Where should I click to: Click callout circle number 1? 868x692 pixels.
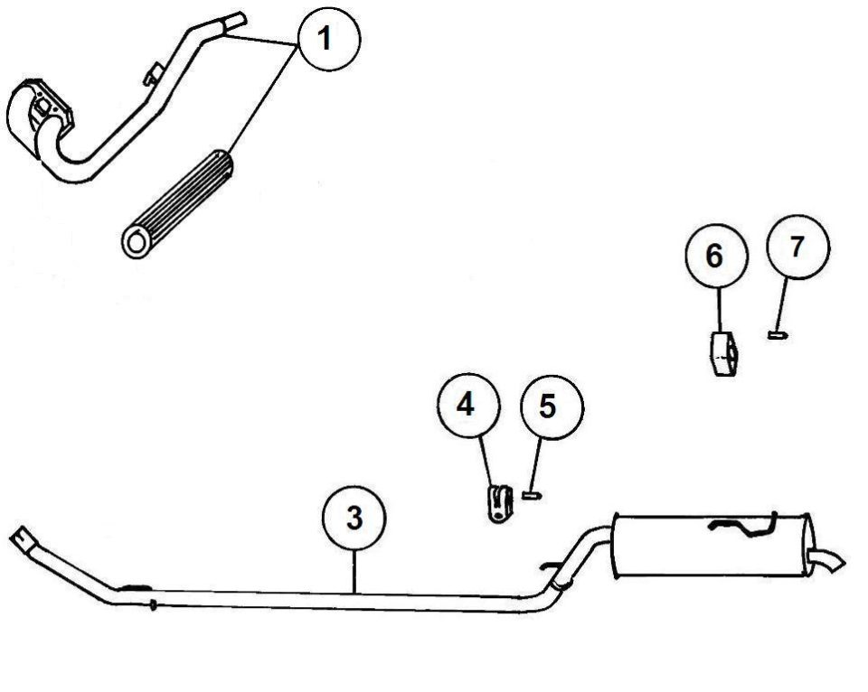(329, 39)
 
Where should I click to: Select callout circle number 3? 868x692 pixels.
(354, 519)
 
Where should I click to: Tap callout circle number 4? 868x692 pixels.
(468, 405)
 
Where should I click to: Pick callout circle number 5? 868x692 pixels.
(552, 407)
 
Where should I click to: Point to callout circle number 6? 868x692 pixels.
(717, 256)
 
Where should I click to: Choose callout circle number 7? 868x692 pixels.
(798, 247)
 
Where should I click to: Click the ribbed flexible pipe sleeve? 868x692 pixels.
(177, 203)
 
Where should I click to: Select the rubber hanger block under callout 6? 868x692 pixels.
(723, 354)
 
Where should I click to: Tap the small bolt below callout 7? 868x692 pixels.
(778, 334)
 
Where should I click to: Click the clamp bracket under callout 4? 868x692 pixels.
(500, 503)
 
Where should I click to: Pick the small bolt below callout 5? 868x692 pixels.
(532, 495)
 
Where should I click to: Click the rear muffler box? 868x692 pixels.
(712, 545)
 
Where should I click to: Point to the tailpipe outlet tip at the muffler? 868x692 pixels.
(829, 561)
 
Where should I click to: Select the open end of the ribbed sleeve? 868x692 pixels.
(135, 242)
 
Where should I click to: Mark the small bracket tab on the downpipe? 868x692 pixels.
(153, 73)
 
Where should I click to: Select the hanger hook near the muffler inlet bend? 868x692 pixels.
(551, 566)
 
